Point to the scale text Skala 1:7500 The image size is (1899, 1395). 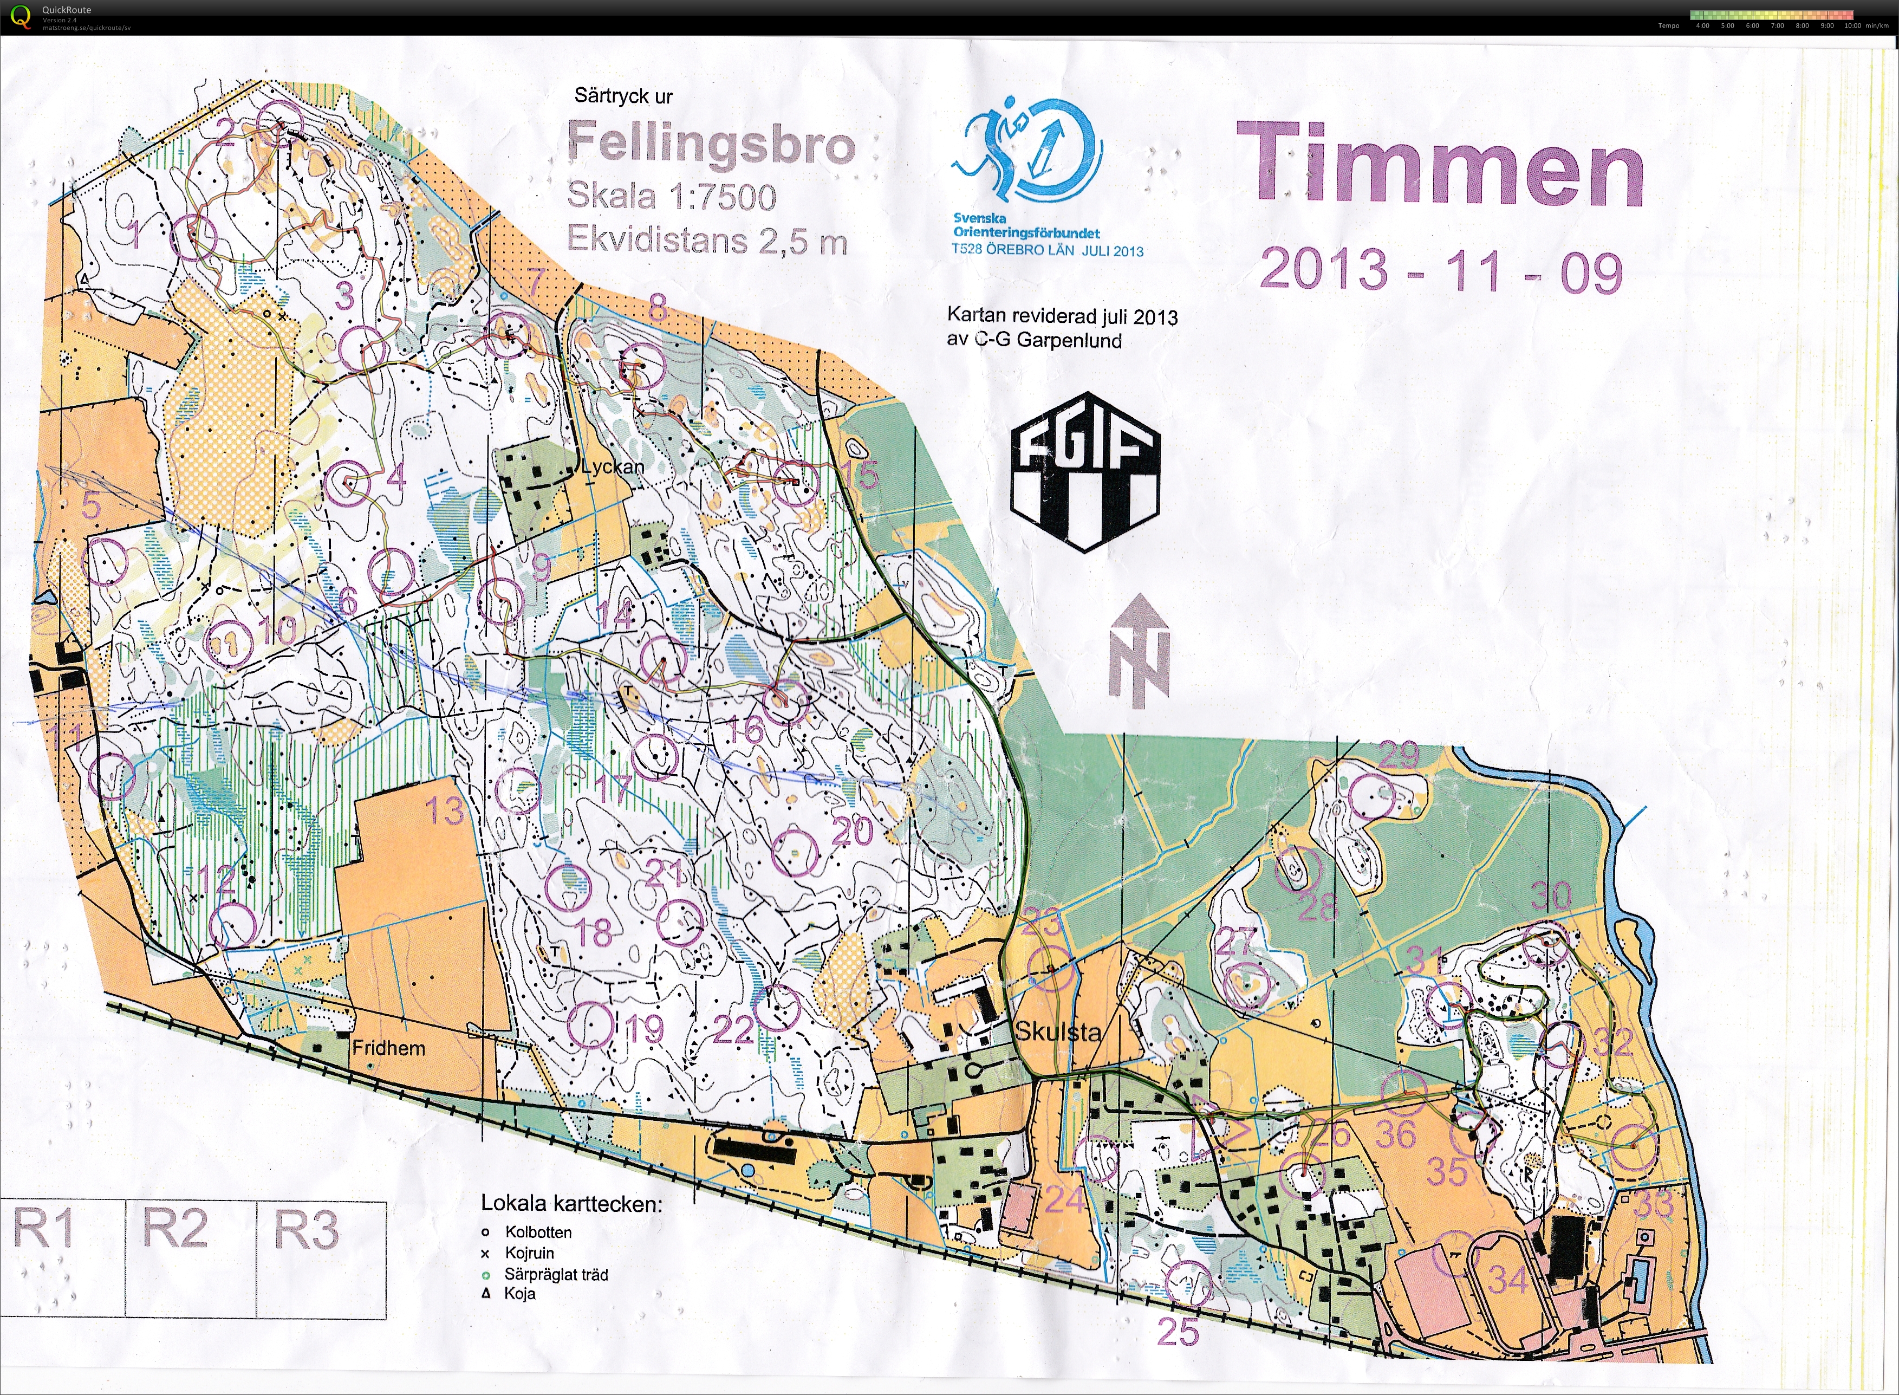point(671,197)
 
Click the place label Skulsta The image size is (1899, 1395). point(1057,1031)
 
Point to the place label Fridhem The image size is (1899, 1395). point(388,1048)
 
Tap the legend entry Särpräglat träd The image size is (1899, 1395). point(556,1274)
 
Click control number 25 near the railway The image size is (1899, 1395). point(1177,1333)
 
